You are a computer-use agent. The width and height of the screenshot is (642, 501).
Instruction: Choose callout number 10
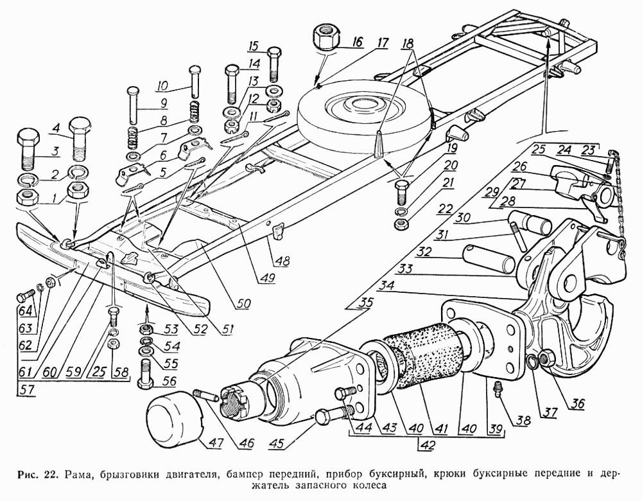[x=161, y=85]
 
